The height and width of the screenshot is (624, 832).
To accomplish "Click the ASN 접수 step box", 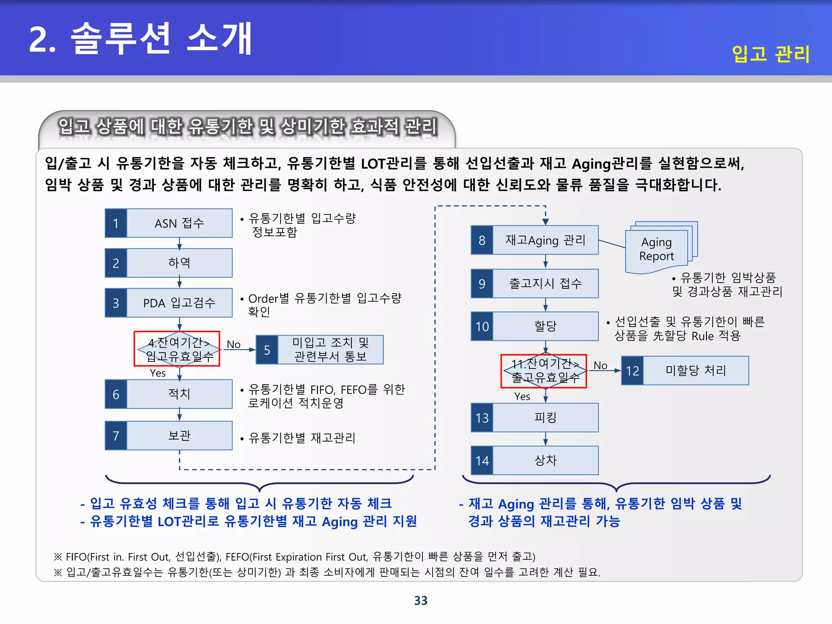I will pyautogui.click(x=179, y=223).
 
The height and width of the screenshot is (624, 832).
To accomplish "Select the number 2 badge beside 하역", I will pyautogui.click(x=116, y=263).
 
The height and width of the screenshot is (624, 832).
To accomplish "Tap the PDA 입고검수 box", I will pyautogui.click(x=179, y=303).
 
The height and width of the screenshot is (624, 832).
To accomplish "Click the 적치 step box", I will pyautogui.click(x=179, y=394).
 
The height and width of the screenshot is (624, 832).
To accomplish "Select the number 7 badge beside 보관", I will pyautogui.click(x=116, y=436).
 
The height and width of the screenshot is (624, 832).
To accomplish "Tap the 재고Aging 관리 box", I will pyautogui.click(x=545, y=240).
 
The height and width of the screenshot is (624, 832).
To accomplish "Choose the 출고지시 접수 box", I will pyautogui.click(x=545, y=284).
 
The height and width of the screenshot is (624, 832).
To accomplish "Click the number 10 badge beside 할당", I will pyautogui.click(x=482, y=326).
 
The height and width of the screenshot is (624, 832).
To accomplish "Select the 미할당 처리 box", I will pyautogui.click(x=695, y=370).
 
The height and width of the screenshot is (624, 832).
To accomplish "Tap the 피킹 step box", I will pyautogui.click(x=545, y=418).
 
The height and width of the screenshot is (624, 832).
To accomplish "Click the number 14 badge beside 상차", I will pyautogui.click(x=482, y=461).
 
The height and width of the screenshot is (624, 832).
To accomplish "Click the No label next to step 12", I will pyautogui.click(x=600, y=366).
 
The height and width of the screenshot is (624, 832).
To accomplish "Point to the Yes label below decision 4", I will pyautogui.click(x=158, y=373).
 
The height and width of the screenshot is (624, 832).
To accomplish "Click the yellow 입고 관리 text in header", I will pyautogui.click(x=770, y=54).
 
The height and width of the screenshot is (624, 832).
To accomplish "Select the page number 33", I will pyautogui.click(x=421, y=600).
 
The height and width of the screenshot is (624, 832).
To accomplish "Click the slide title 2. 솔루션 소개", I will pyautogui.click(x=141, y=39).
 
